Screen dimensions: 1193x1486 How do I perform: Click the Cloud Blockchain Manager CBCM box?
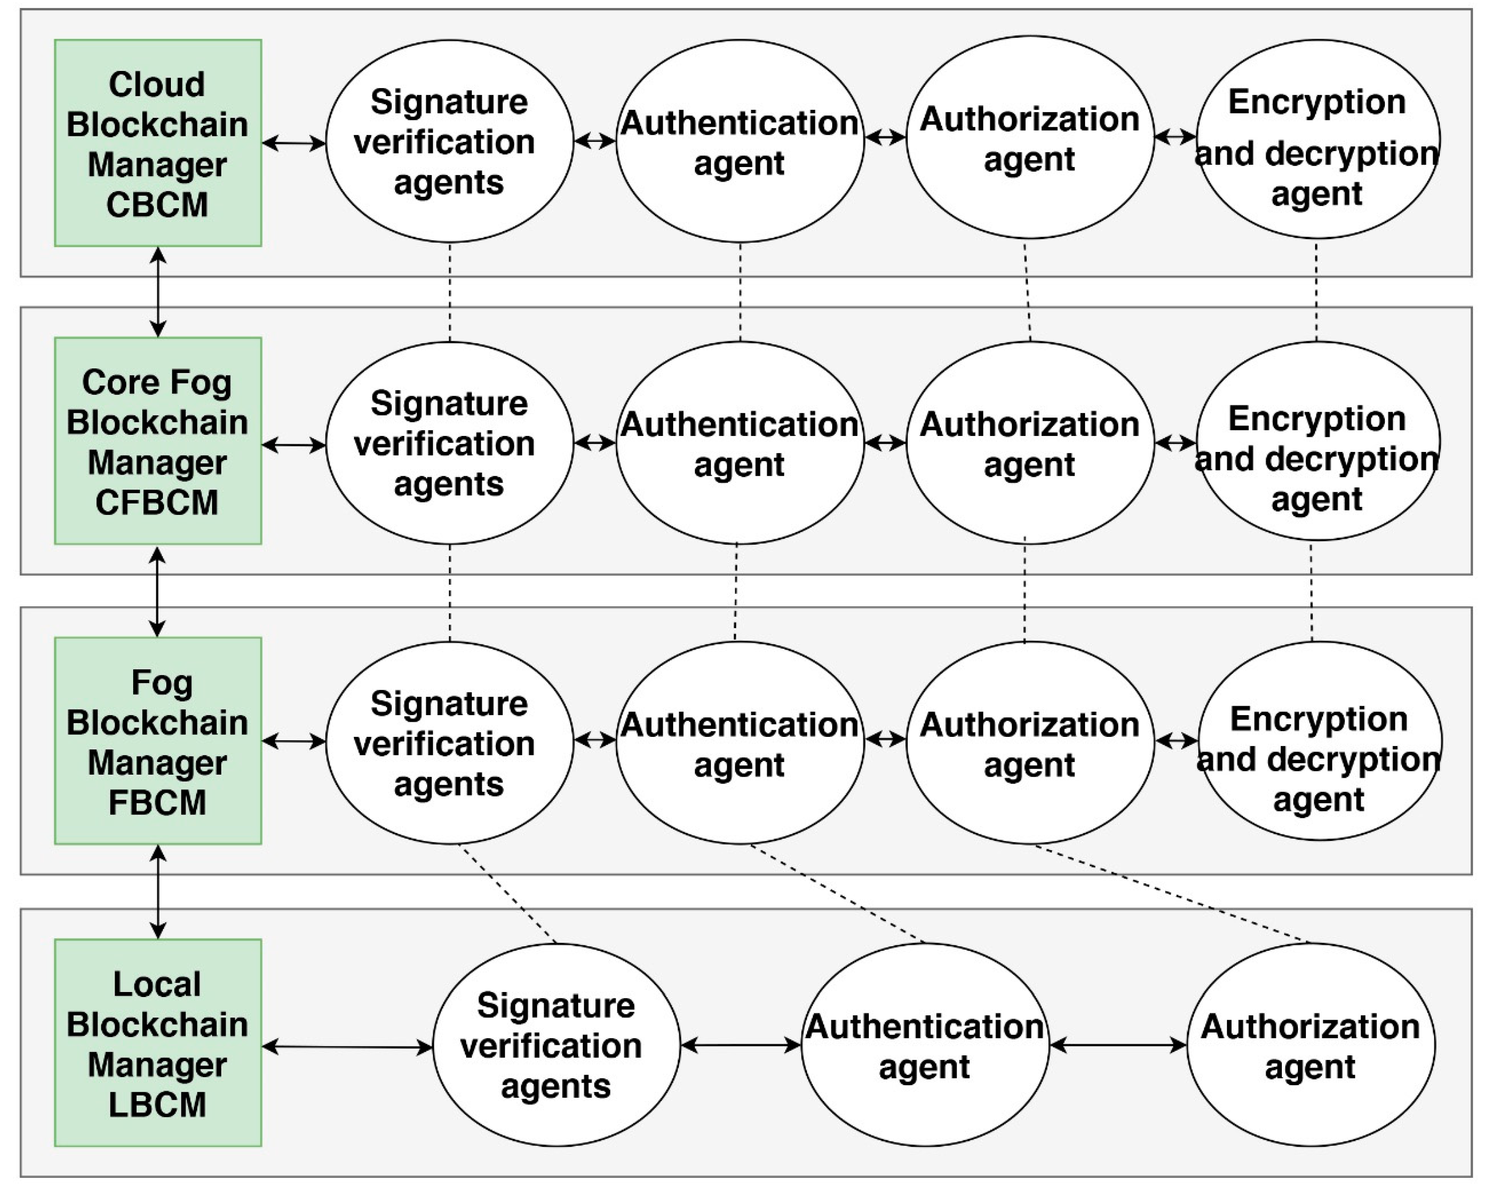point(158,143)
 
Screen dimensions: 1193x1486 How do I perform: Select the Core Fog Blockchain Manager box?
point(158,441)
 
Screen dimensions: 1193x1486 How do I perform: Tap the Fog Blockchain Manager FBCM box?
point(158,741)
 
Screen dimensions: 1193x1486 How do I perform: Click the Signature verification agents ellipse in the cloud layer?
point(449,141)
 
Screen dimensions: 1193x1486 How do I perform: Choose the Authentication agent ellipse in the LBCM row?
point(925,1045)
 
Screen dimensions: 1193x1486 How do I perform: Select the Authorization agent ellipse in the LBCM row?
point(1310,1045)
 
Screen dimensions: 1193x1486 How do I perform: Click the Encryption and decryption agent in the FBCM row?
point(1318,741)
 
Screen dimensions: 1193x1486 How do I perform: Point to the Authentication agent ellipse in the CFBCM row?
point(739,443)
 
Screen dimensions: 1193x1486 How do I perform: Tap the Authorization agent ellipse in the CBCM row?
point(1030,138)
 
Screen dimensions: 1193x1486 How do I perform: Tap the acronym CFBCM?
point(157,503)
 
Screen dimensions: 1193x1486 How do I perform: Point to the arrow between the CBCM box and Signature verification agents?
point(294,143)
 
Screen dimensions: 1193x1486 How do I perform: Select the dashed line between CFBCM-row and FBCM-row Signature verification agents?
point(450,593)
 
